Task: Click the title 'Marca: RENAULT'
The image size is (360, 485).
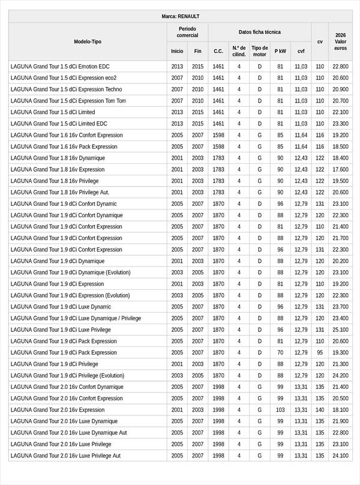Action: point(180,16)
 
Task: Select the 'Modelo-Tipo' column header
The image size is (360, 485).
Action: point(88,41)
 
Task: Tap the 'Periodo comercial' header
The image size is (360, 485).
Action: point(187,32)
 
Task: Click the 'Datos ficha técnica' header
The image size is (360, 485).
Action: point(259,32)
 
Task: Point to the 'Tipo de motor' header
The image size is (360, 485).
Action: point(259,51)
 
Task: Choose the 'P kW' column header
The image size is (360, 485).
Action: point(280,51)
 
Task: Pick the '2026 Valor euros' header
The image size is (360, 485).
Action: point(340,41)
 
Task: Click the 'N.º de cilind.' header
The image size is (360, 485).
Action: point(239,51)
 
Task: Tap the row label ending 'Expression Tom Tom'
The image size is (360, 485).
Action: point(68,101)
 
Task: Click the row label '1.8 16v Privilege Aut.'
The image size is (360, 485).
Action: point(60,192)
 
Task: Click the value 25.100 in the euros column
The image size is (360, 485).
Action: point(340,330)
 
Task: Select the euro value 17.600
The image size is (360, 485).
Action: point(340,169)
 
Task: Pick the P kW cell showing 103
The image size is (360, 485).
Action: point(280,409)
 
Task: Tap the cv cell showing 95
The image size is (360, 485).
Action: point(320,352)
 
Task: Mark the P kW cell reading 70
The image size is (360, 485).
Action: point(280,352)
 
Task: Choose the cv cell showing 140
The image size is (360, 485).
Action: point(320,409)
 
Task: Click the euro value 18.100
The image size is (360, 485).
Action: point(340,409)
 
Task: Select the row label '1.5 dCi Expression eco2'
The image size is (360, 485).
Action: point(64,78)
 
